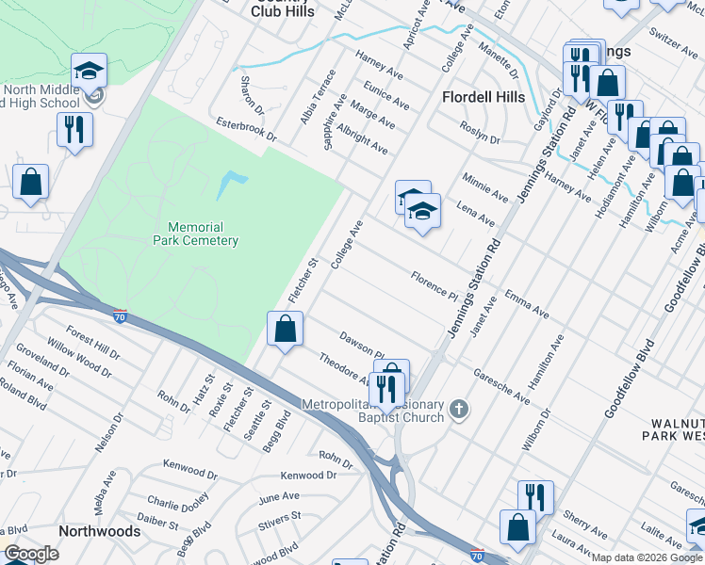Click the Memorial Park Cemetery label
point(203,234)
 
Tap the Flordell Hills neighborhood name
point(484,97)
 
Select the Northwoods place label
point(99,531)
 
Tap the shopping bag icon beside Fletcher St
point(285,330)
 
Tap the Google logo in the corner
point(32,554)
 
